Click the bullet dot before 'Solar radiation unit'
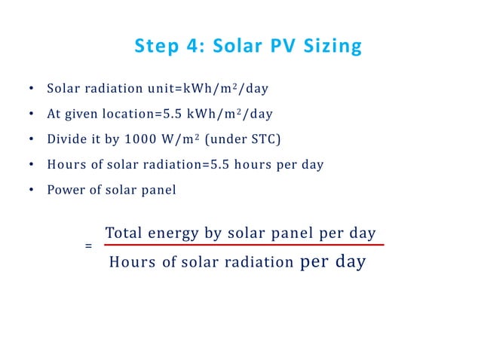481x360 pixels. pyautogui.click(x=31, y=89)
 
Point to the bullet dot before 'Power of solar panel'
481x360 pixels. pyautogui.click(x=31, y=191)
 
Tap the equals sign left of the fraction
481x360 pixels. pyautogui.click(x=88, y=246)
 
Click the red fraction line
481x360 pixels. pyautogui.click(x=243, y=245)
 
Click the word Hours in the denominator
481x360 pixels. pyautogui.click(x=131, y=263)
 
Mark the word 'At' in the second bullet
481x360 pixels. pyautogui.click(x=54, y=114)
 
